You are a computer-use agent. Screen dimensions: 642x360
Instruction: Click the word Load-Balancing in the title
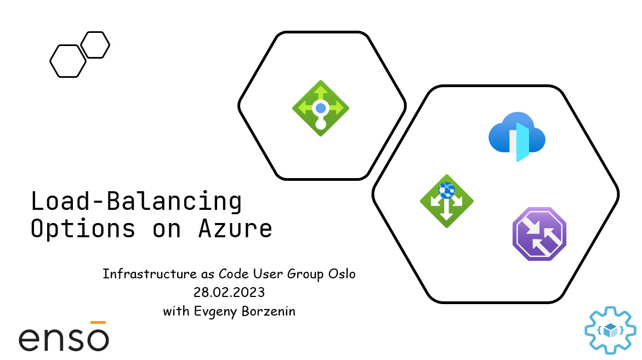click(x=137, y=201)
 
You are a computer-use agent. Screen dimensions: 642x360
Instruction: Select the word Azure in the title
click(x=235, y=228)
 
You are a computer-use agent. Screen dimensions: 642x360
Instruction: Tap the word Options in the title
click(x=83, y=229)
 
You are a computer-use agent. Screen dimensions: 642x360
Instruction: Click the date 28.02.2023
click(x=229, y=292)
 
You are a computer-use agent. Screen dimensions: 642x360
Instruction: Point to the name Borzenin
click(x=268, y=311)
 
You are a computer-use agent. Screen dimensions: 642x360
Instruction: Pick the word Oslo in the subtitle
click(x=342, y=273)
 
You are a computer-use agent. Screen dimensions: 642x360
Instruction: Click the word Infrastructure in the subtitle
click(x=150, y=273)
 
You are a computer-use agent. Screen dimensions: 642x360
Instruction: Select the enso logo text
click(x=64, y=338)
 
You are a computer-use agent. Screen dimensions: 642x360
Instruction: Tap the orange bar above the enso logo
click(x=98, y=322)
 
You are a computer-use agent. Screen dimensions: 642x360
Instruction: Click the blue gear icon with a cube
click(x=610, y=330)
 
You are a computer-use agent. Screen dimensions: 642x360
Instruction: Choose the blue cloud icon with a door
click(x=517, y=136)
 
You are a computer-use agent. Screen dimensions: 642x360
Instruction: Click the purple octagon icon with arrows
click(x=539, y=234)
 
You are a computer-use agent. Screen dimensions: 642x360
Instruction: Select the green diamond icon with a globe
click(x=447, y=201)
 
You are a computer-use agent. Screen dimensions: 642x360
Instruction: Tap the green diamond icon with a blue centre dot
click(x=321, y=108)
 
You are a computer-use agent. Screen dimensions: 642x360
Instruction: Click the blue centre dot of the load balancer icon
click(x=321, y=108)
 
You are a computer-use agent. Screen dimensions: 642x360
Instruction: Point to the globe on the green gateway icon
click(x=447, y=190)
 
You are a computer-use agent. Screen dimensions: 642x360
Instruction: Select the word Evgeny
click(x=215, y=312)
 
